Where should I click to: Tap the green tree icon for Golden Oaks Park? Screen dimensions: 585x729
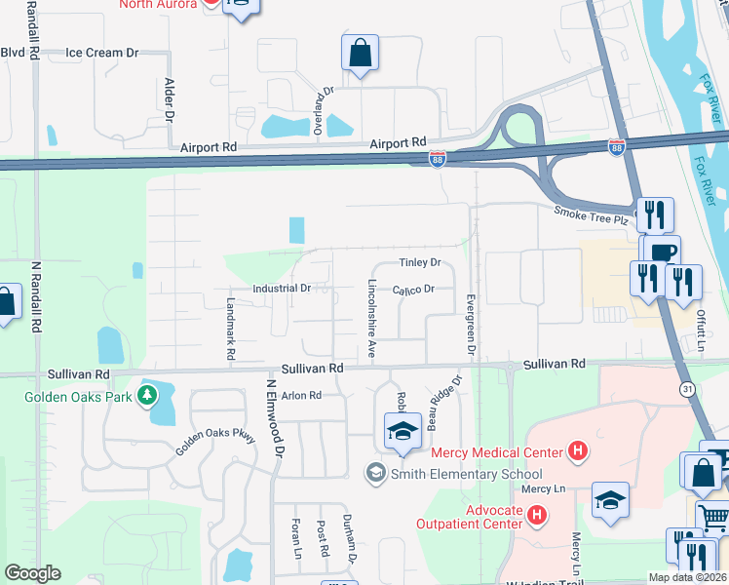point(146,396)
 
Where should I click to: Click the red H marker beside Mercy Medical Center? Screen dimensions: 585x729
point(579,450)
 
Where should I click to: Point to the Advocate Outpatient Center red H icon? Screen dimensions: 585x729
point(535,513)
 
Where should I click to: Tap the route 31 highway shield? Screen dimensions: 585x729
point(689,389)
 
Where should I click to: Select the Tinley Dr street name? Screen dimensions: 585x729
point(420,263)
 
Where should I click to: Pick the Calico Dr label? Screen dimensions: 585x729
point(412,290)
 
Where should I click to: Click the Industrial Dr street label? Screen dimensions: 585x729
point(281,289)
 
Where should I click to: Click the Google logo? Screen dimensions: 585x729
point(32,573)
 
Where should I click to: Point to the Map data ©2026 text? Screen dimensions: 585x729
point(687,577)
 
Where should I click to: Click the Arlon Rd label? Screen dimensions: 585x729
point(301,396)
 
